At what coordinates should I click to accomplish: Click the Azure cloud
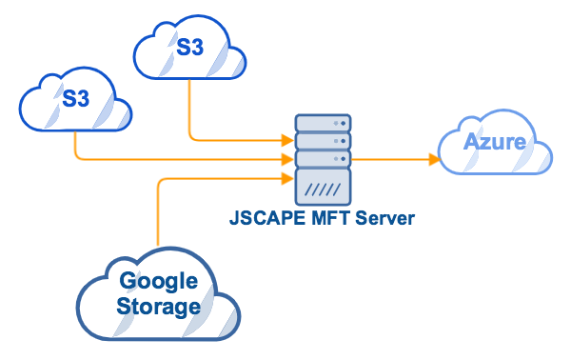click(x=494, y=146)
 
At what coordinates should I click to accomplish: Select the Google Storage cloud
click(x=158, y=294)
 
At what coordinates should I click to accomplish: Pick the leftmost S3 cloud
click(x=76, y=98)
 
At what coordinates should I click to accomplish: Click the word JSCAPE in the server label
click(x=262, y=218)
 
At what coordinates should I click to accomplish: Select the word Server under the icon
click(x=384, y=218)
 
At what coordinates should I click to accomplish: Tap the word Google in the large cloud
click(x=158, y=282)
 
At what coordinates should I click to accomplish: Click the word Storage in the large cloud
click(x=158, y=307)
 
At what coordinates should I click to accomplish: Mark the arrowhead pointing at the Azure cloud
click(x=433, y=159)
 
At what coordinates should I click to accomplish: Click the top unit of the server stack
click(x=323, y=124)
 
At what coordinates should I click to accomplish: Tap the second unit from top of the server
click(x=323, y=141)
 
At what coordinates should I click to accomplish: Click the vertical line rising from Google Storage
click(x=158, y=214)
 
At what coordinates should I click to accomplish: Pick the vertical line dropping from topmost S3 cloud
click(x=190, y=110)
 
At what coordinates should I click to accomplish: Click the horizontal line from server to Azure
click(x=390, y=159)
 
